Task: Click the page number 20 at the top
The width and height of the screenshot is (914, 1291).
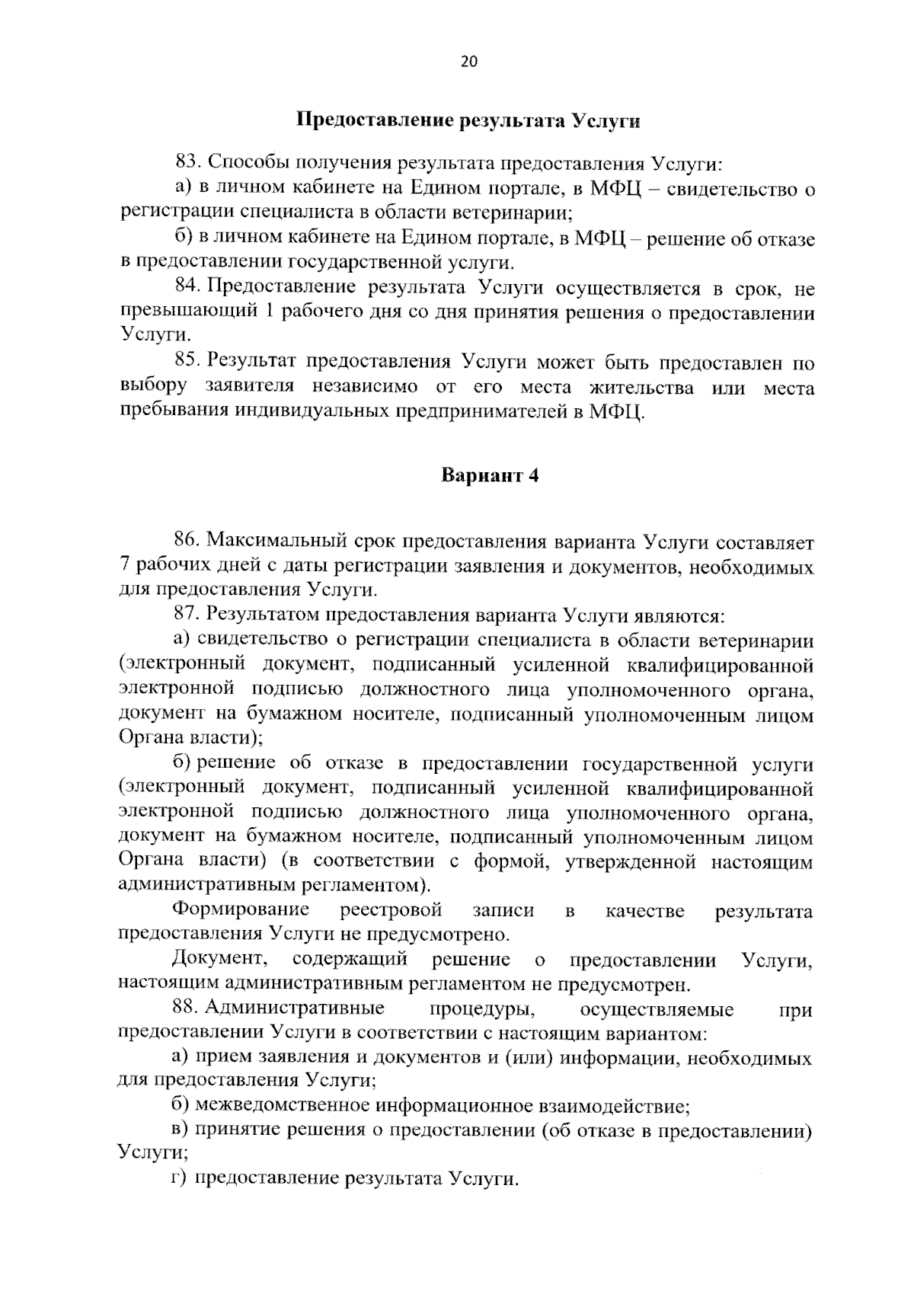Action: pyautogui.click(x=468, y=62)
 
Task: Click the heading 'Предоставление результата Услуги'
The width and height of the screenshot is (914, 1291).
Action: pyautogui.click(x=468, y=121)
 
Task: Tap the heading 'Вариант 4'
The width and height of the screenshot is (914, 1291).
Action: pyautogui.click(x=490, y=475)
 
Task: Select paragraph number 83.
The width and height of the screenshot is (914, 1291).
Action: pyautogui.click(x=187, y=162)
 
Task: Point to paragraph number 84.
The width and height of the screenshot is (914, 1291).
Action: pyautogui.click(x=187, y=287)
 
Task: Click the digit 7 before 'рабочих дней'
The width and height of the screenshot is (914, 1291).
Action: pyautogui.click(x=125, y=567)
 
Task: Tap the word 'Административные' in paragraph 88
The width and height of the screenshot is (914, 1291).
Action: pyautogui.click(x=294, y=1008)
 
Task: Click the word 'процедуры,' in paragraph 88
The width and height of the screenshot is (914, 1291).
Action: pyautogui.click(x=481, y=1008)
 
